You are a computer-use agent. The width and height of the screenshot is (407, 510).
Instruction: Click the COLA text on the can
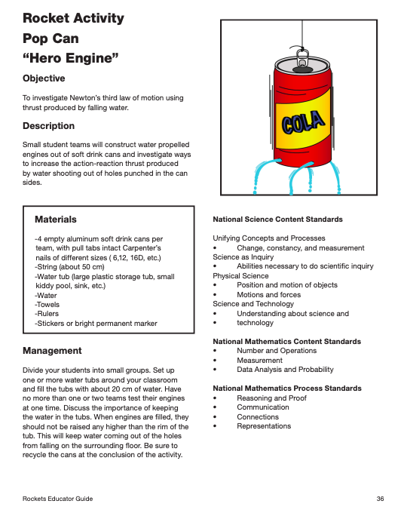pos(303,123)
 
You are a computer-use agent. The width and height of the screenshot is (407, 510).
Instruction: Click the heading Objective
pos(44,78)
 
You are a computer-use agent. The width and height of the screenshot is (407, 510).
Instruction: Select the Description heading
pos(48,126)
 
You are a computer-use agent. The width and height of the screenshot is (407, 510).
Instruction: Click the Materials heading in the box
pos(56,220)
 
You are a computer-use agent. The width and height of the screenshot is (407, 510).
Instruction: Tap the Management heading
pos(52,351)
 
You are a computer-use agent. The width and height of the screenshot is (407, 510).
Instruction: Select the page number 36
pos(381,499)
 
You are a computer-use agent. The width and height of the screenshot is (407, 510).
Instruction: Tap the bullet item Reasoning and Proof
pos(271,398)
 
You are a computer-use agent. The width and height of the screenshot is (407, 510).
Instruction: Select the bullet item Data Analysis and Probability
pos(285,370)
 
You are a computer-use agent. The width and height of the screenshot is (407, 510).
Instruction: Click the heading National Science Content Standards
pos(278,220)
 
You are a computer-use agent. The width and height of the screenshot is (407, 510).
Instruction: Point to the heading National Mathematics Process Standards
pos(287,389)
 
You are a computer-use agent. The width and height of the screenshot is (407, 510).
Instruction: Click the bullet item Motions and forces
pos(268,295)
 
